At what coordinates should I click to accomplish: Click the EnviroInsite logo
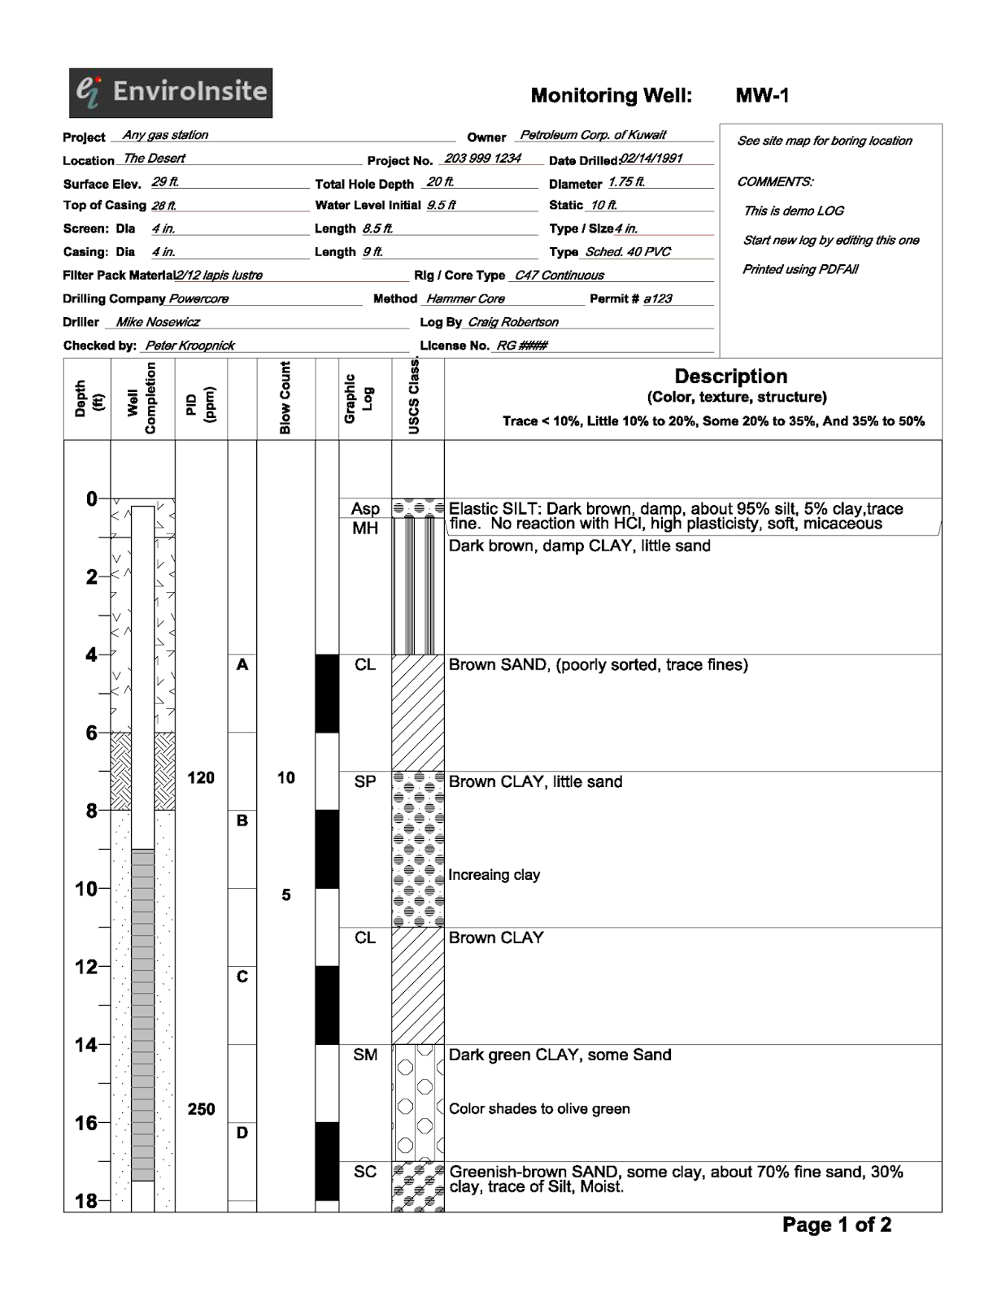click(171, 93)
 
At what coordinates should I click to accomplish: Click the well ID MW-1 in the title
click(762, 96)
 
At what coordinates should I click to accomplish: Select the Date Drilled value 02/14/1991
click(651, 159)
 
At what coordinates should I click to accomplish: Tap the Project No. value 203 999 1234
click(482, 159)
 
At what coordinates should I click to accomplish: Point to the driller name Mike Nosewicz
click(158, 322)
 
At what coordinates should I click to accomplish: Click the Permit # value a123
click(658, 298)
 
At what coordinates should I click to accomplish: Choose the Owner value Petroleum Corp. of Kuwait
click(593, 135)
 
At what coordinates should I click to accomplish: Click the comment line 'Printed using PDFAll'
click(800, 269)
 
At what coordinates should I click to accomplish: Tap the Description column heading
click(730, 376)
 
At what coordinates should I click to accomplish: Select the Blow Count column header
click(285, 398)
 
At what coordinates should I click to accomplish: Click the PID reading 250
click(201, 1109)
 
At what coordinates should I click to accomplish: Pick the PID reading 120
click(201, 778)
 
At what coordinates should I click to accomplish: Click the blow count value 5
click(286, 895)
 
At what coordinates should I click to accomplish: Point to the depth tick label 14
click(85, 1045)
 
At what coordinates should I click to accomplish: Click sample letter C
click(242, 977)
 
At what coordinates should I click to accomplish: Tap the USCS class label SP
click(365, 782)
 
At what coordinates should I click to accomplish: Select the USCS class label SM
click(365, 1055)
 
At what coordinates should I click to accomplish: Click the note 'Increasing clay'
click(494, 875)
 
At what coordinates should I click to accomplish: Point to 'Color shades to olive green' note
click(539, 1109)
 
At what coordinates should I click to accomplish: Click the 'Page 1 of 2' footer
click(836, 1225)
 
